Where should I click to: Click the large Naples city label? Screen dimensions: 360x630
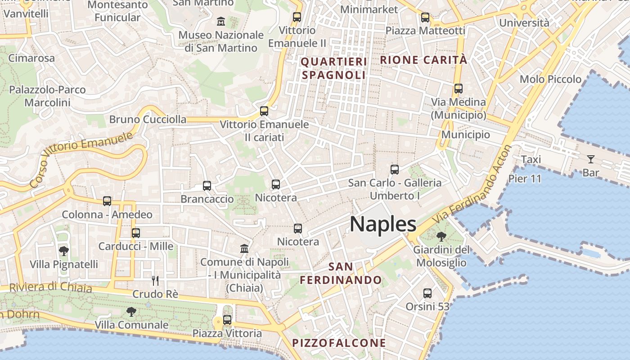[x=383, y=224]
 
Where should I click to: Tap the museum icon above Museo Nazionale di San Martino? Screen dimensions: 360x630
[x=221, y=21]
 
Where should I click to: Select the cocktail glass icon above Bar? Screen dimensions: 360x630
[x=590, y=159]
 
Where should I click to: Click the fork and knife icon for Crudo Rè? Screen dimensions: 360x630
[x=155, y=281]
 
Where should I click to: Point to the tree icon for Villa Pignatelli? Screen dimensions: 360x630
[x=64, y=251]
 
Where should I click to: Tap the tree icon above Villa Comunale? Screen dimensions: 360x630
[x=131, y=311]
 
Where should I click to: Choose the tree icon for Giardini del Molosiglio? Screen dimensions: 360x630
[x=441, y=236]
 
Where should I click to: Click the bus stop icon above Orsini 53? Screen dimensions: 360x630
[x=427, y=293]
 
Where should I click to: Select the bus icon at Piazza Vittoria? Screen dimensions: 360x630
[x=227, y=320]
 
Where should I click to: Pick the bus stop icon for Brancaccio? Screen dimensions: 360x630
[x=207, y=185]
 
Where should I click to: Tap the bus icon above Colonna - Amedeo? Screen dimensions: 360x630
[x=107, y=201]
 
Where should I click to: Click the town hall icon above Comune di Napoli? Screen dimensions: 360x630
[x=244, y=248]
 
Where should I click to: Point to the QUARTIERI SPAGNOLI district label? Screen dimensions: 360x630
[x=333, y=68]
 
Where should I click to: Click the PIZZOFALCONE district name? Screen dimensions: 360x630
[x=339, y=343]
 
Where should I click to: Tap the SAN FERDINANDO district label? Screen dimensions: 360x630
[x=341, y=274]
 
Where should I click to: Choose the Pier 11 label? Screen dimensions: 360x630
[x=525, y=179]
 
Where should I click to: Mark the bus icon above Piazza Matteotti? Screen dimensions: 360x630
[x=425, y=18]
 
